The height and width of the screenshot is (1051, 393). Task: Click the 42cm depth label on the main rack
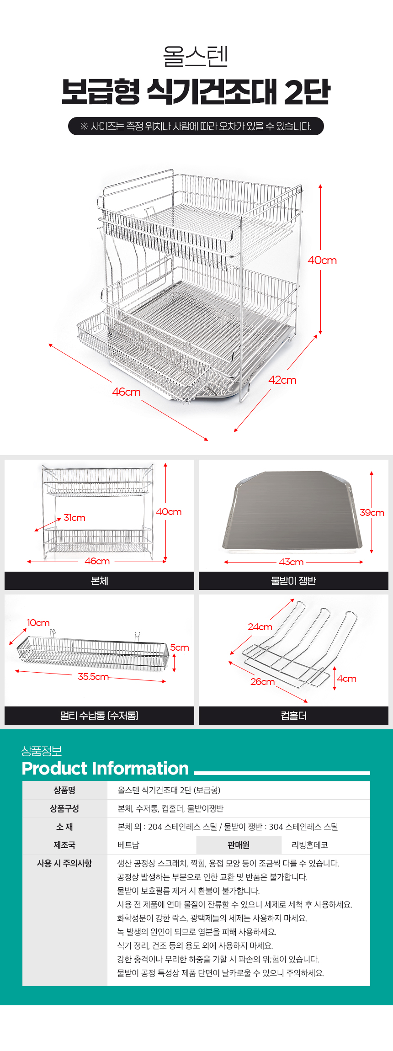[x=282, y=380]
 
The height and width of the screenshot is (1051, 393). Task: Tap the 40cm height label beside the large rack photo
[x=322, y=260]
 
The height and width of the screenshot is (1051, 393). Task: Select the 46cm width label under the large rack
[x=127, y=392]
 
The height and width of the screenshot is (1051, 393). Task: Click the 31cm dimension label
[x=74, y=518]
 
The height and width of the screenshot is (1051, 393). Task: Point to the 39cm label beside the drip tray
[x=372, y=513]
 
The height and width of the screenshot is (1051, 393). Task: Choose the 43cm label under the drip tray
[x=291, y=562]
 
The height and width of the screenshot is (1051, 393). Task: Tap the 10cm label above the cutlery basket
[x=38, y=623]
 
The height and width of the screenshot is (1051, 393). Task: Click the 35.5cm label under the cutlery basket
[x=93, y=677]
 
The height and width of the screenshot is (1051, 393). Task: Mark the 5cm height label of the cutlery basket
[x=180, y=648]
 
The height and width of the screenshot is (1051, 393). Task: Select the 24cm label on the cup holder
[x=260, y=627]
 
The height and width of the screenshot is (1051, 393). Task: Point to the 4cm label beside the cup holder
[x=347, y=679]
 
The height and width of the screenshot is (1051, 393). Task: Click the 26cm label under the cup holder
[x=263, y=682]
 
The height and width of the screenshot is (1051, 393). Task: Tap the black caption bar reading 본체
[x=99, y=581]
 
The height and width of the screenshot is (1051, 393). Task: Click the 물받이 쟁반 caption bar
[x=293, y=581]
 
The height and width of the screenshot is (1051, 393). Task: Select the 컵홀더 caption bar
[x=293, y=716]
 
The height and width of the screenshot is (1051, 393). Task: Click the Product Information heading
[x=105, y=769]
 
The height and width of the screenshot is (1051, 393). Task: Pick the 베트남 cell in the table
[x=128, y=845]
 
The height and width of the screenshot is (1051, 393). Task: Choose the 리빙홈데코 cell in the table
[x=310, y=845]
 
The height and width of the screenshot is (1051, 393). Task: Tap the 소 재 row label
[x=64, y=827]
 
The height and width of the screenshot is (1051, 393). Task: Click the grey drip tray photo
[x=292, y=510]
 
